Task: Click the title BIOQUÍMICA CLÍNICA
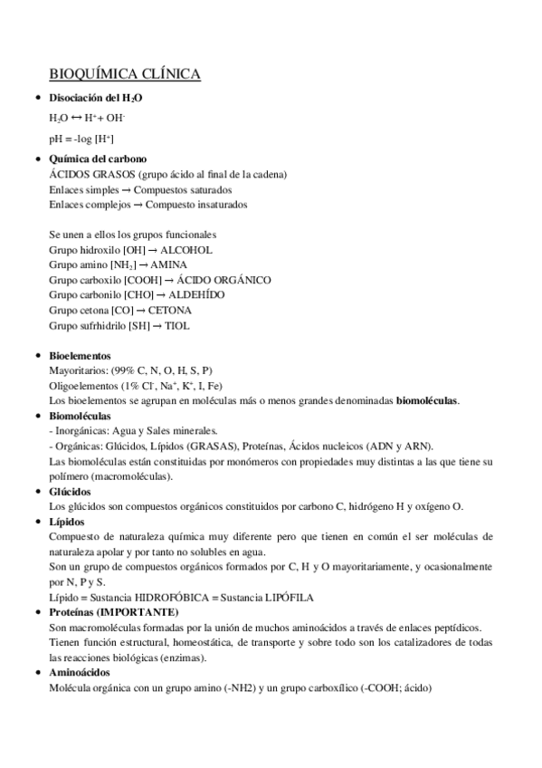[125, 74]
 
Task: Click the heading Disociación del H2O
[96, 98]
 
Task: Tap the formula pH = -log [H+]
[81, 139]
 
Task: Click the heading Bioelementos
[80, 356]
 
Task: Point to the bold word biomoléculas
[427, 400]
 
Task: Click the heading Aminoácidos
[80, 673]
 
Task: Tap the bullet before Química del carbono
[36, 159]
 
